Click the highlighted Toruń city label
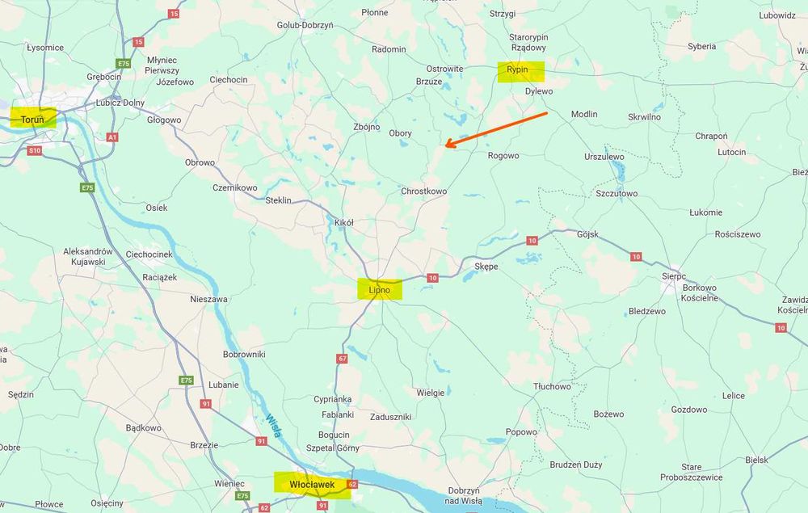coord(33,120)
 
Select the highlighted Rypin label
coord(518,70)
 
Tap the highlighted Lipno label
coord(379,289)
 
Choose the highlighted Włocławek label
coord(311,484)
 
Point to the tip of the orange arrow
coord(446,146)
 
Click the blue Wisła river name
coord(272,425)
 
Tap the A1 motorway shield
coord(112,137)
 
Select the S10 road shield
coord(35,150)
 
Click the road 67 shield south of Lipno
coord(343,358)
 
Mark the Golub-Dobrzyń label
coord(305,25)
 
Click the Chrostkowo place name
coord(423,191)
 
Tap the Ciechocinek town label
coord(149,254)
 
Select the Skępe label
coord(486,266)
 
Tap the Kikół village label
coord(344,222)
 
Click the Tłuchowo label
coord(552,386)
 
